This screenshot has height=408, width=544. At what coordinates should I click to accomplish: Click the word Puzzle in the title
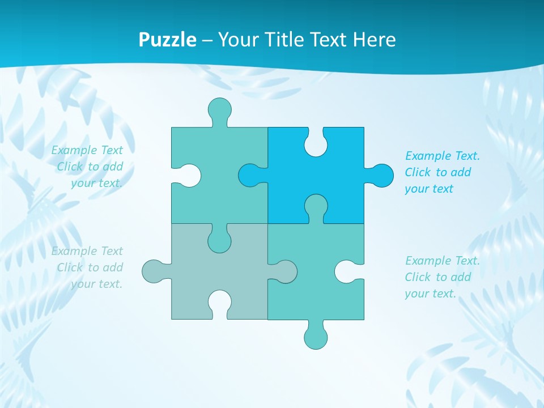168,40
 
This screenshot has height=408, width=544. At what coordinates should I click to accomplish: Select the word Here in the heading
373,40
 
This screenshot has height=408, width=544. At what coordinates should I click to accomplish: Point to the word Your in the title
236,40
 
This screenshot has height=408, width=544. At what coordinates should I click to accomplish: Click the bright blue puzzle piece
334,187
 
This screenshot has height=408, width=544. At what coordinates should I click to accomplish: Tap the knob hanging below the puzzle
316,337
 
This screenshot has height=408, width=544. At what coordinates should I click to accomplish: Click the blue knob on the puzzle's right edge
380,176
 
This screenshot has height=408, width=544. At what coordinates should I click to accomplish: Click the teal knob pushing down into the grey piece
219,240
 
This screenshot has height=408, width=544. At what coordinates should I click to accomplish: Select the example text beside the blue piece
442,172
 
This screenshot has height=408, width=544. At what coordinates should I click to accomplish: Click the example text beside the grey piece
88,267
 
